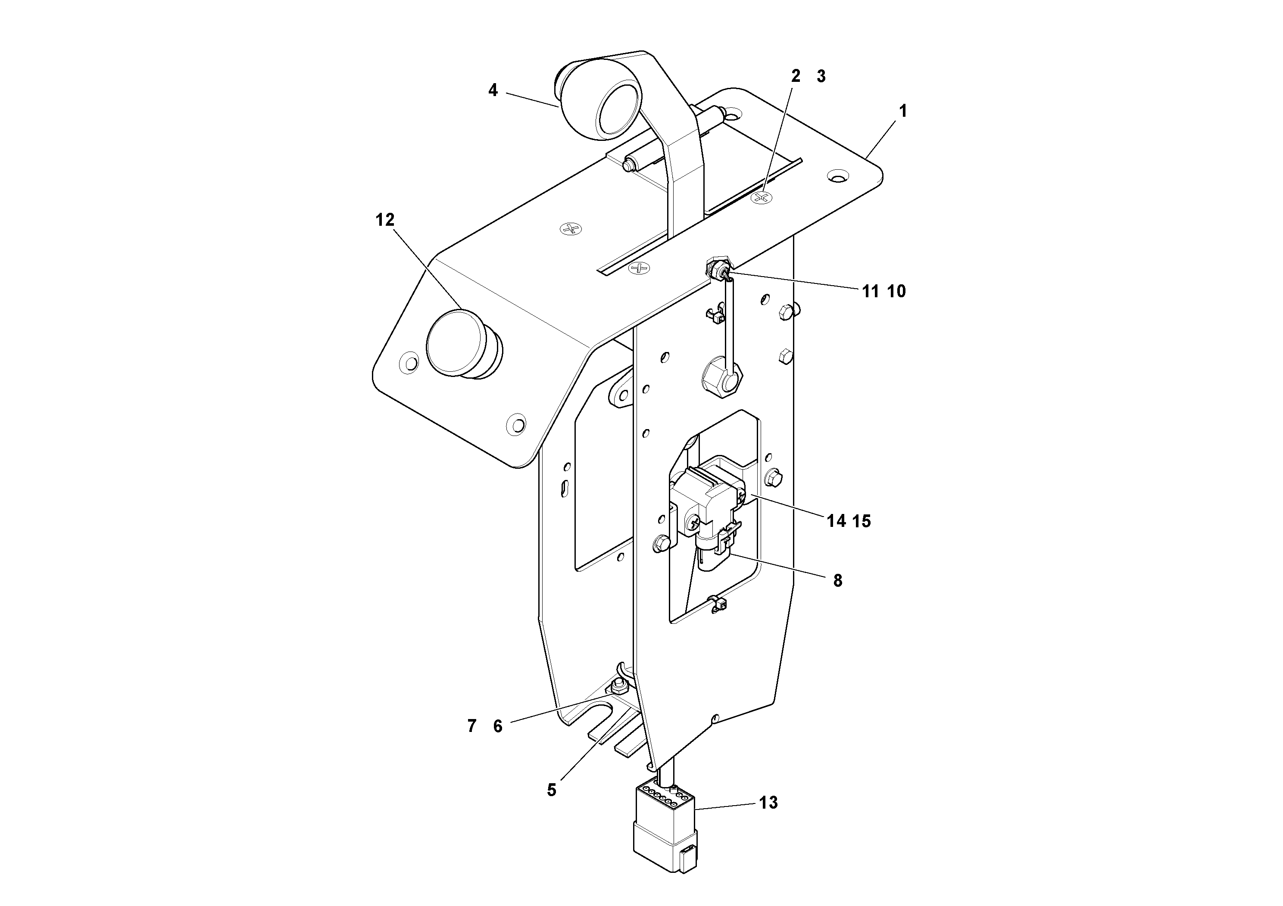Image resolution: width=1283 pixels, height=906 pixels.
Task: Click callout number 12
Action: [x=384, y=220]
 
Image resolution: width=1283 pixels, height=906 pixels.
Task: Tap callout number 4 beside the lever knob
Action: [x=492, y=90]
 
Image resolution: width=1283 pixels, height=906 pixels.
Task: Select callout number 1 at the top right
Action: [x=902, y=111]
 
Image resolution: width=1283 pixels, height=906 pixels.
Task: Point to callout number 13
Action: [x=768, y=803]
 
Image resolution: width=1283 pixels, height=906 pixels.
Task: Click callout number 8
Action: [x=837, y=581]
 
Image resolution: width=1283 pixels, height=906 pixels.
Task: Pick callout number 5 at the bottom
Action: [x=552, y=790]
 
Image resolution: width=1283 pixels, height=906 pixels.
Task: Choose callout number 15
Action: [x=862, y=521]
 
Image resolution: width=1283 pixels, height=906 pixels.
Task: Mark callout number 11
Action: [x=870, y=291]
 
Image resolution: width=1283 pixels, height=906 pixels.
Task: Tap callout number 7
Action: [x=471, y=726]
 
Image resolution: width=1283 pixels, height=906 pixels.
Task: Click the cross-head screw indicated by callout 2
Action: [x=761, y=197]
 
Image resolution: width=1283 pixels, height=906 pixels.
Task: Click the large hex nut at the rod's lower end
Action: [x=722, y=380]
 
